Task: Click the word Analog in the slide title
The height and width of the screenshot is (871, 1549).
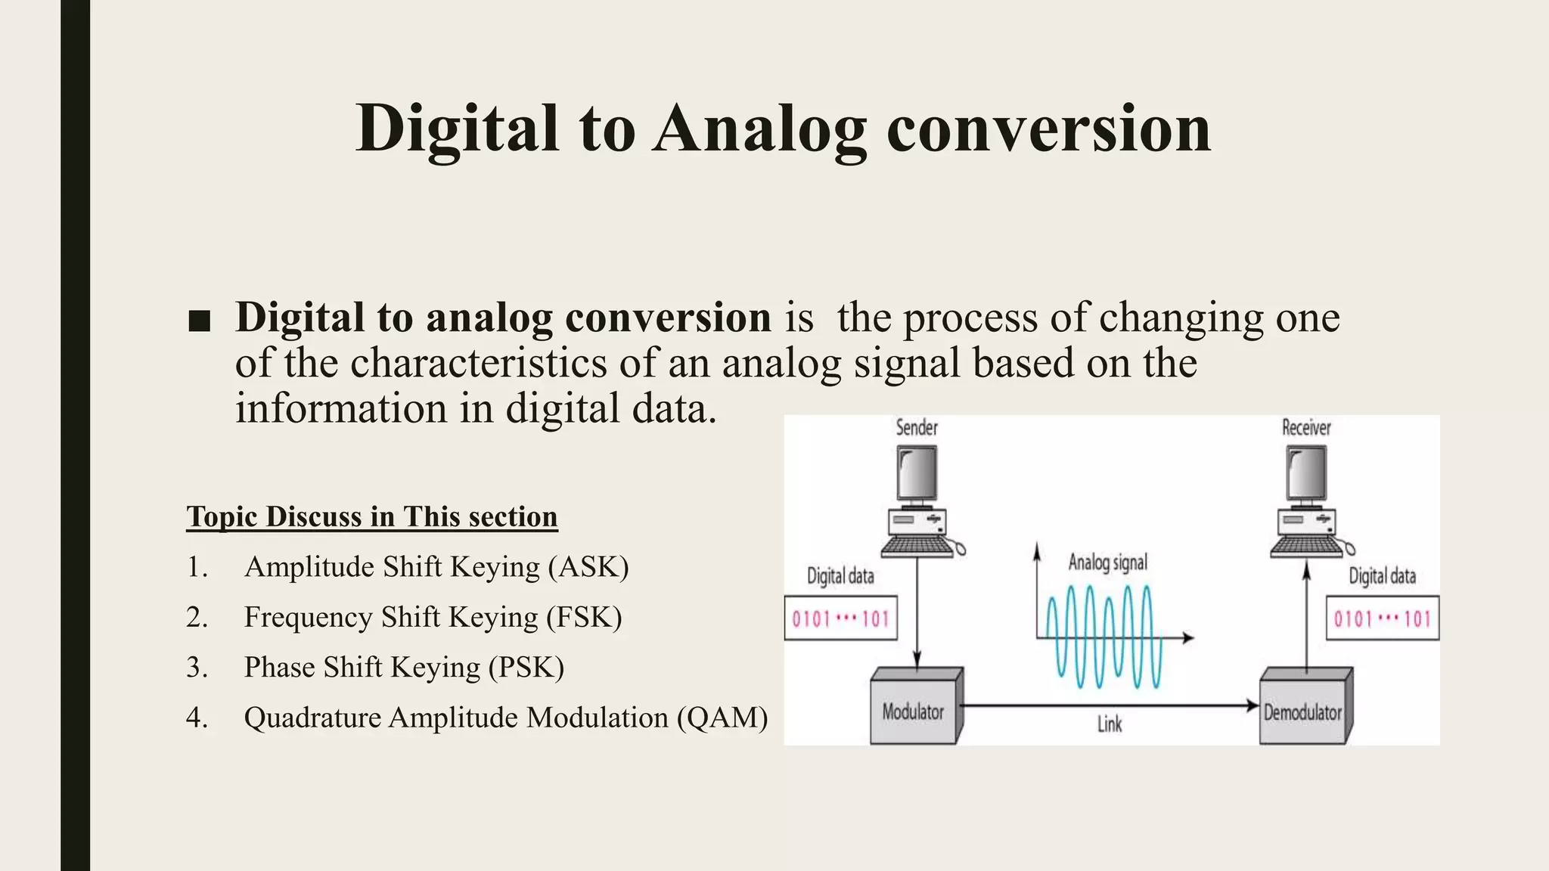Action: coord(759,130)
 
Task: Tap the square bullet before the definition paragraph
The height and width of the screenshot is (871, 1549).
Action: coord(199,321)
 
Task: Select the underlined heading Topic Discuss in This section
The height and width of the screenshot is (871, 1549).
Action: coord(371,516)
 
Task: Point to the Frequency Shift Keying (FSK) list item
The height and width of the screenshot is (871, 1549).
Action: coord(432,618)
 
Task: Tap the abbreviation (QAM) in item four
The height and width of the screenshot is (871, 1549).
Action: coord(722,718)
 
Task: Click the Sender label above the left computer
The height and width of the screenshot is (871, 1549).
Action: coord(916,428)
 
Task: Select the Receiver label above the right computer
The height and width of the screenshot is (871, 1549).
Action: coord(1305,428)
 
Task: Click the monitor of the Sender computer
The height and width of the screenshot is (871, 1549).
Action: coord(917,473)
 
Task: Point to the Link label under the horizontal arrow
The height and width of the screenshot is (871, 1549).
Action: coord(1109,724)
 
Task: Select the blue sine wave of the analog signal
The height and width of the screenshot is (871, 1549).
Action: coord(1104,637)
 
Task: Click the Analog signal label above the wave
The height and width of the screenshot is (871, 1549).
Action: coord(1107,563)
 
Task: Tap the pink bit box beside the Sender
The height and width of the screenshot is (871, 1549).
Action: coord(840,619)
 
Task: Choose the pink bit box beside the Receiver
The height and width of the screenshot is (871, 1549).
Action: coord(1382,619)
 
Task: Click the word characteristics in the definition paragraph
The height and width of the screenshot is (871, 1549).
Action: coord(478,363)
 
